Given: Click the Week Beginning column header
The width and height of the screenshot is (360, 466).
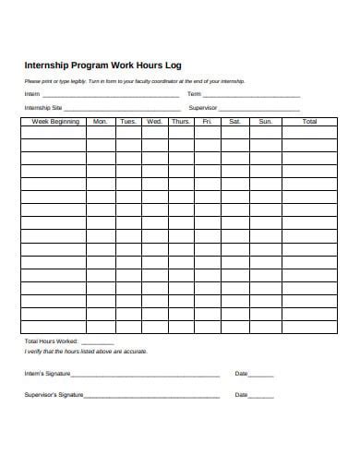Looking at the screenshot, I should [x=54, y=122].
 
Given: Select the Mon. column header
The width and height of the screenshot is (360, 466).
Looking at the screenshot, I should [x=101, y=122].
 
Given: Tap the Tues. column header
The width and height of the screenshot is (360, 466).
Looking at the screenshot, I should [x=128, y=122].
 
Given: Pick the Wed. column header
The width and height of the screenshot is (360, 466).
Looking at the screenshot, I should [x=154, y=122].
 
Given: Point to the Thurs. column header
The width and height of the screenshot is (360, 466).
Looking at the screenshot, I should [x=181, y=122].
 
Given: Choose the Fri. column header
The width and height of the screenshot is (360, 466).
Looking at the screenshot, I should [x=208, y=122].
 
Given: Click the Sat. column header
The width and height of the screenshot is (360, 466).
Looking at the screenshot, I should [x=234, y=122].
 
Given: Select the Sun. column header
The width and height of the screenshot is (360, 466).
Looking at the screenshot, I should [x=265, y=122].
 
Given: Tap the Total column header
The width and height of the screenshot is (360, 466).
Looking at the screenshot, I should [x=309, y=122].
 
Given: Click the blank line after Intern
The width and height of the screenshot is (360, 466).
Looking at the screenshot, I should [x=111, y=96].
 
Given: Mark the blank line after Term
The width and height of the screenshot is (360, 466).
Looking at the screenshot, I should [x=251, y=96].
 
